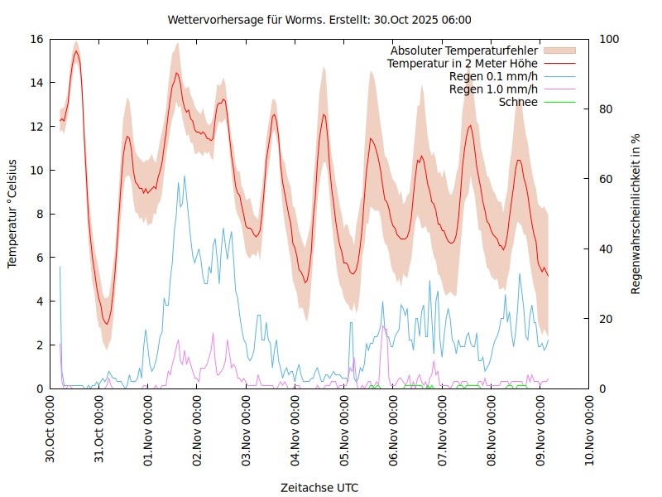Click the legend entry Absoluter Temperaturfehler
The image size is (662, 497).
pos(463,51)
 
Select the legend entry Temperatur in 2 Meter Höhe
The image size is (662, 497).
pos(462,63)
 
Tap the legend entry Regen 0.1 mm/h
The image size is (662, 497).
pos(493,76)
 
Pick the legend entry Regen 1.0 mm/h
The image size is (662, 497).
pos(493,89)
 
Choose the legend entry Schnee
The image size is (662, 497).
pos(519,102)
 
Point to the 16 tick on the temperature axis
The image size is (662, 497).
pos(36,39)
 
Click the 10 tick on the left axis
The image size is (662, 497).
pos(36,170)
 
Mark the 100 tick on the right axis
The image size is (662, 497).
pos(609,39)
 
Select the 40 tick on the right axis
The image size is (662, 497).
pos(606,248)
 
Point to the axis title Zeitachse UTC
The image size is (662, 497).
pos(319,488)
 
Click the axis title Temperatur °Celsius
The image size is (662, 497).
pos(12,213)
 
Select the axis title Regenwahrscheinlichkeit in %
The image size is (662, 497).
pos(636,213)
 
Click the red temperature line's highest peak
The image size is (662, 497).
pos(76,51)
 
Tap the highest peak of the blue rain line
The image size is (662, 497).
pos(185,176)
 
